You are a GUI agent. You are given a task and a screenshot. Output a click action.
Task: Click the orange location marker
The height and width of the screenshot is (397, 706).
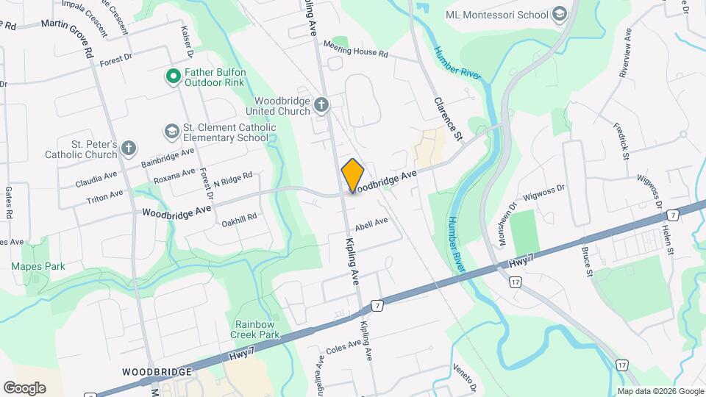pos(353,176)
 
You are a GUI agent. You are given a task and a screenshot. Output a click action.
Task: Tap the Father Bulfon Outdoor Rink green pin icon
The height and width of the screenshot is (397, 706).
pos(174,76)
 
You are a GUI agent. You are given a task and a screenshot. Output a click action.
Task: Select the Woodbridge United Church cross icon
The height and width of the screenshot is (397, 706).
pos(321,105)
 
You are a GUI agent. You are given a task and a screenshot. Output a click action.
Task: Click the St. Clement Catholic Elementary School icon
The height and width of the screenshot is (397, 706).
pos(172,131)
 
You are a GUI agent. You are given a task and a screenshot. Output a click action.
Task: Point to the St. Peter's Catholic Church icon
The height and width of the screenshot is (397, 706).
pos(128,148)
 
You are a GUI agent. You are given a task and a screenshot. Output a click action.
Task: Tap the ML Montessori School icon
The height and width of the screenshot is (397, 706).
pos(560,15)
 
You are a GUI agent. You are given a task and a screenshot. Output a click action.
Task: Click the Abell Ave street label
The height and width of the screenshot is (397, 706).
pos(371,222)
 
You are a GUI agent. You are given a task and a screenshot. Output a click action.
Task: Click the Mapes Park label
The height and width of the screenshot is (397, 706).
pos(38,266)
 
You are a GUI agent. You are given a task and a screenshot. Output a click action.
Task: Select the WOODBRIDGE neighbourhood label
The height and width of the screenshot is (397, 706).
pos(157,372)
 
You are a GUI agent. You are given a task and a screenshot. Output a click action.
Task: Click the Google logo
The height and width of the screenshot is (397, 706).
pos(24,387)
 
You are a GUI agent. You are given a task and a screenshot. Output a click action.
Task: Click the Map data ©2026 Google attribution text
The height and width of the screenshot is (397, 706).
pos(659,391)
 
